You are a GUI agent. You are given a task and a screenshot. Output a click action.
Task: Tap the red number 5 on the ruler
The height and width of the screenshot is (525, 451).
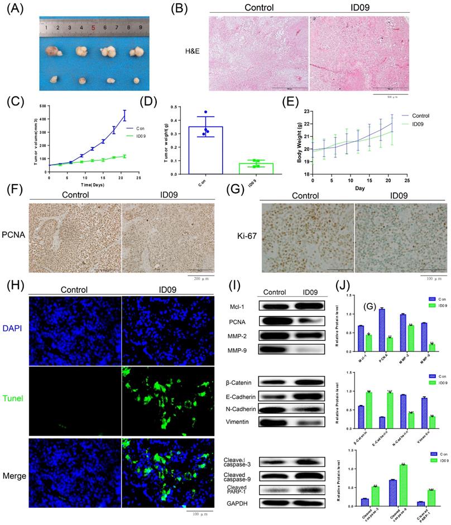tap(93, 26)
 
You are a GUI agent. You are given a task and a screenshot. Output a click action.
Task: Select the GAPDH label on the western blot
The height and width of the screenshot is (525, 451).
tap(241, 503)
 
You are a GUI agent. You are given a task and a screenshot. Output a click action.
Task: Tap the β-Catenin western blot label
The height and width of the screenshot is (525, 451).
tap(241, 383)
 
